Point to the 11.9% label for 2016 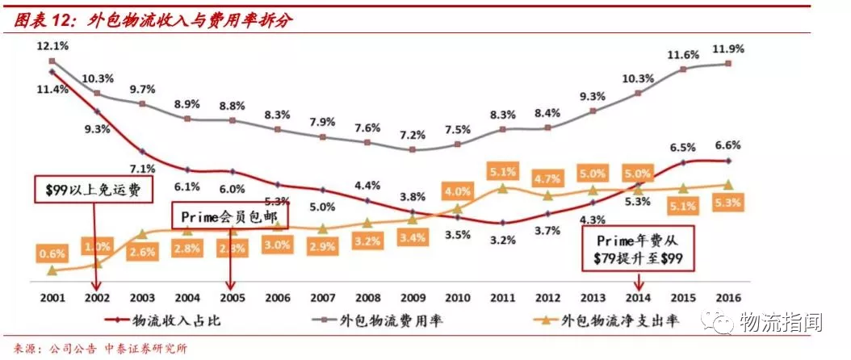[729, 49]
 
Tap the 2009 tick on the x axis [413, 295]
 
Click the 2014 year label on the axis [639, 295]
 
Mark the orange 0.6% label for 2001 [52, 253]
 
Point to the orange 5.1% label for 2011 [503, 171]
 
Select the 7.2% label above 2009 [413, 134]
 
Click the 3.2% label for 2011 [503, 240]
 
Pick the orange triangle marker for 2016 [729, 185]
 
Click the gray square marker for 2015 [684, 69]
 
